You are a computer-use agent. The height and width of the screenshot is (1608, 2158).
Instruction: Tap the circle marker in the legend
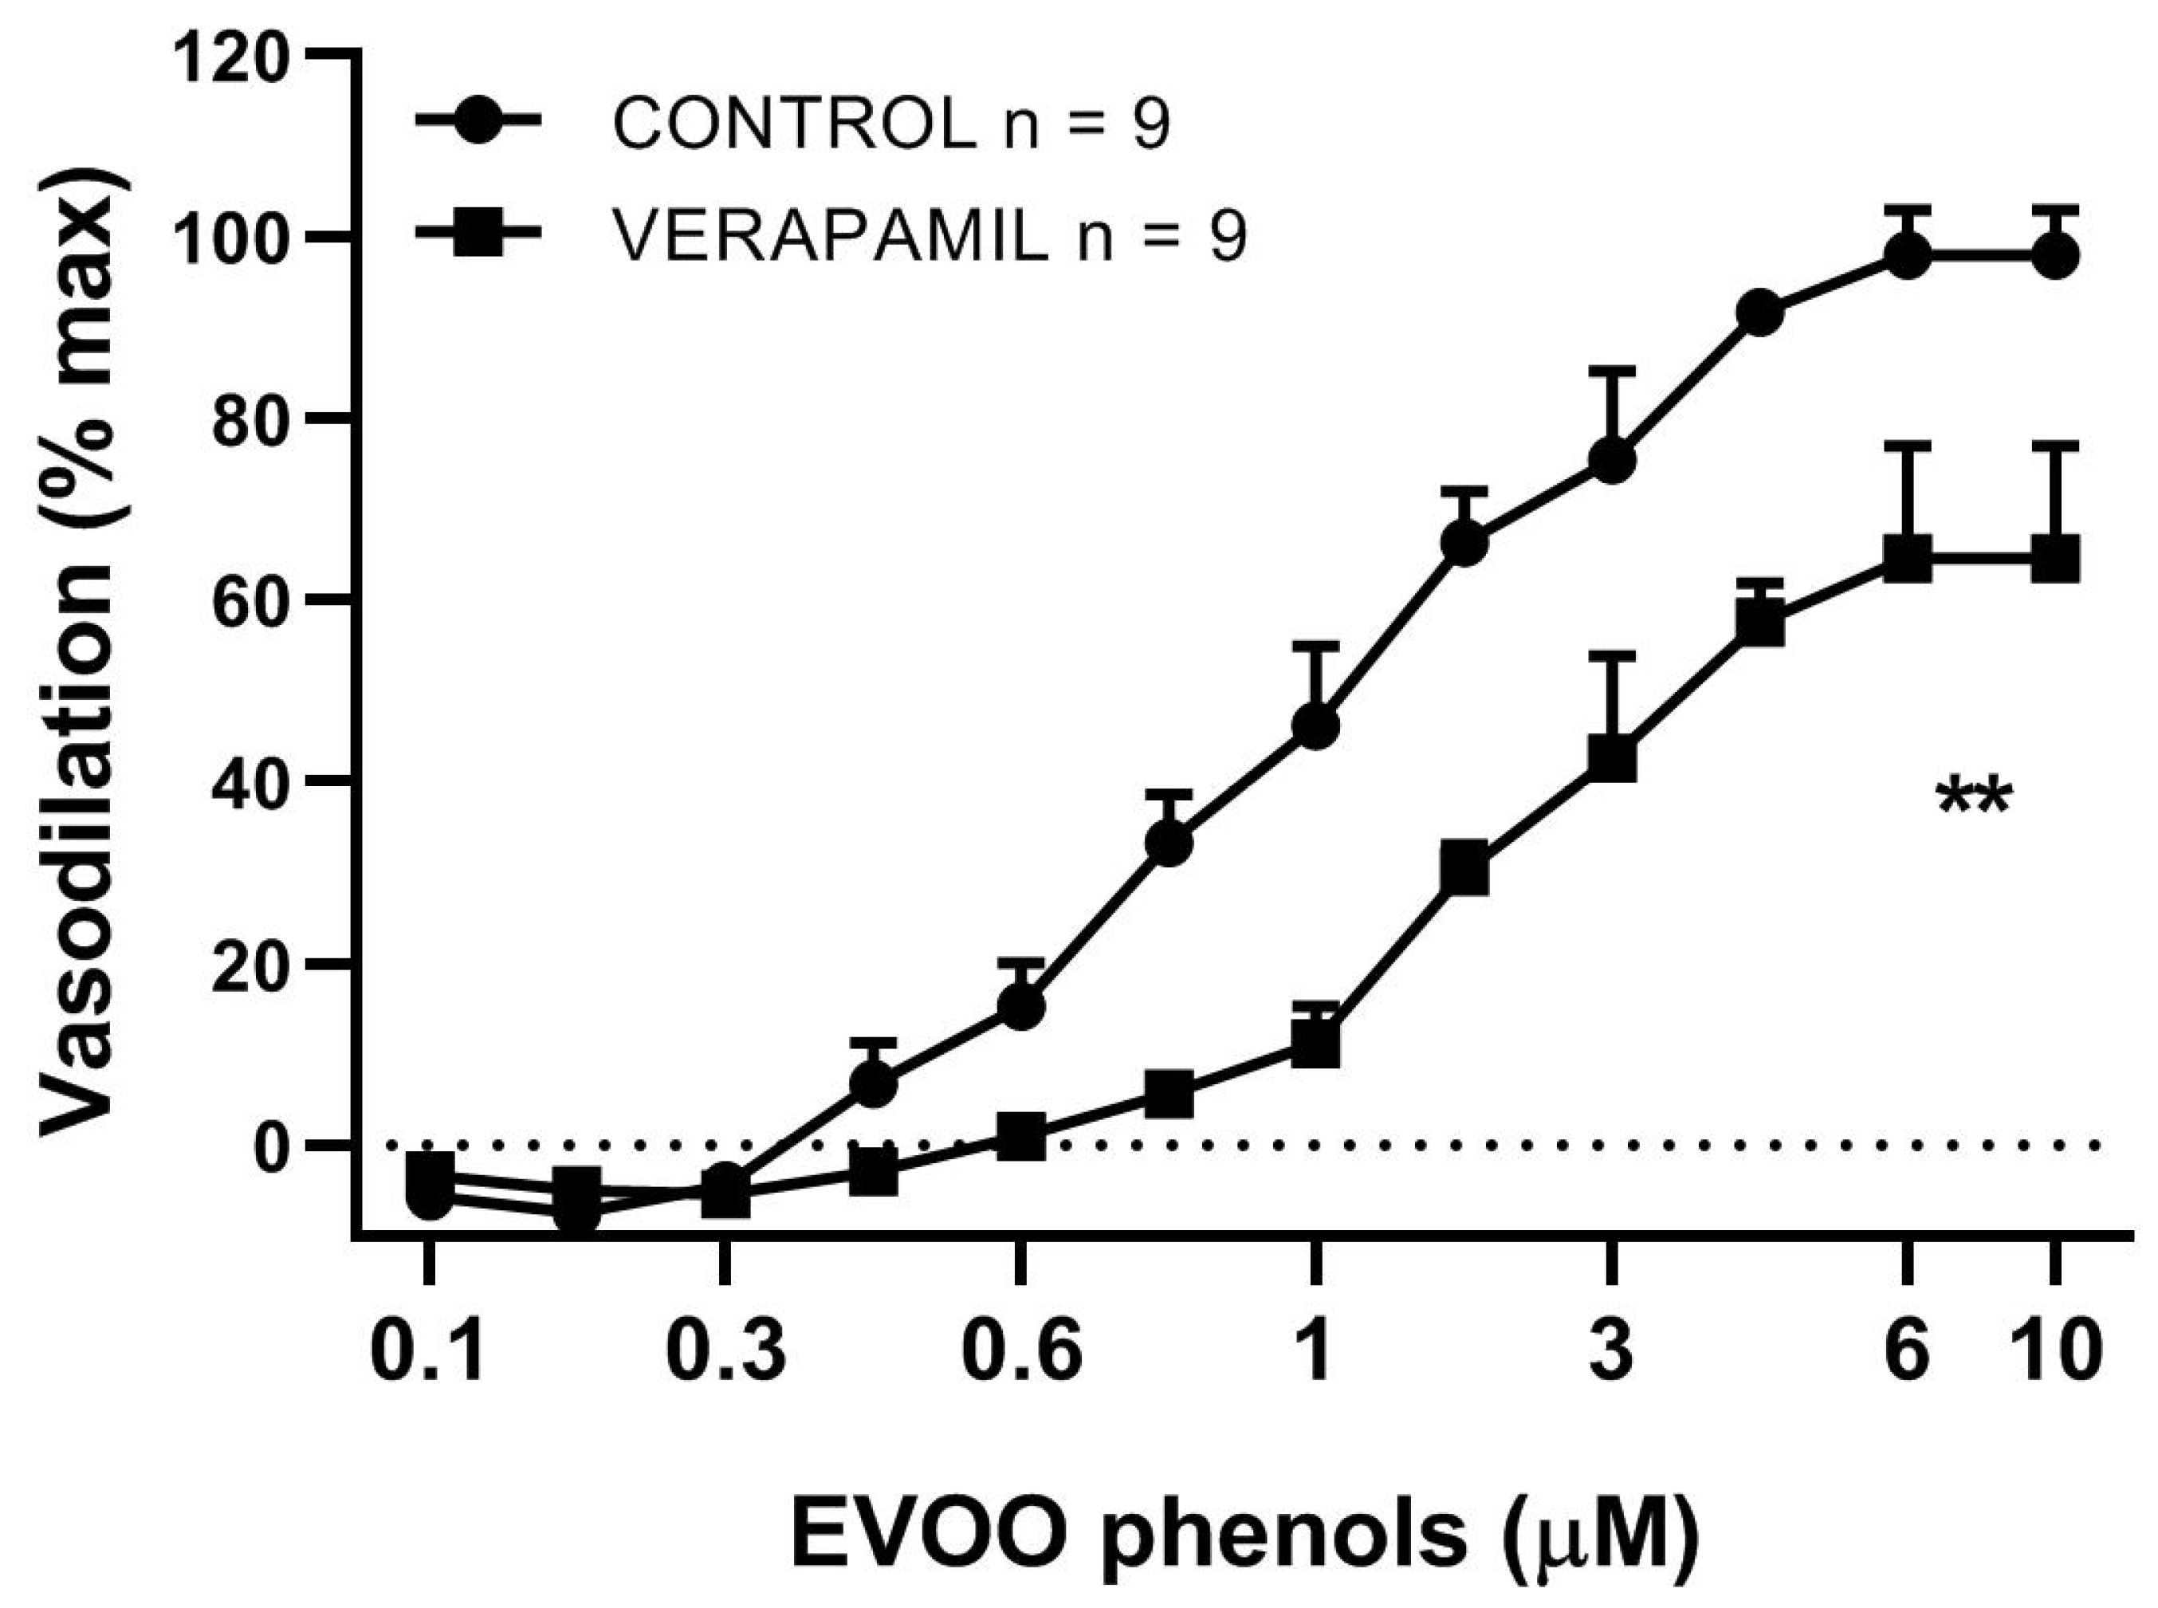(480, 122)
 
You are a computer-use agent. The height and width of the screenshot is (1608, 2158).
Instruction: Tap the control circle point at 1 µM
(1316, 726)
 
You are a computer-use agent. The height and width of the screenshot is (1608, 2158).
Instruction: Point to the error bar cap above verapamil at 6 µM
(1907, 446)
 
